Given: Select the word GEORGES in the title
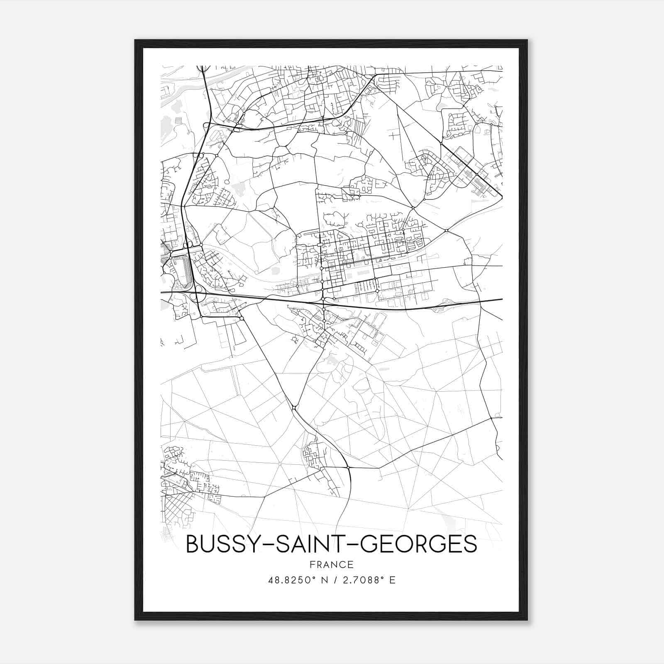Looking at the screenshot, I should coord(418,544).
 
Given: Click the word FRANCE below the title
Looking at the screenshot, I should coord(332,564).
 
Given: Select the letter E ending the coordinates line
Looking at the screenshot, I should coord(392,580).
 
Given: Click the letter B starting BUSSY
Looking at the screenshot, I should coord(192,544).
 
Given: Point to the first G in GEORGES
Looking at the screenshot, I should coord(368,544).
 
